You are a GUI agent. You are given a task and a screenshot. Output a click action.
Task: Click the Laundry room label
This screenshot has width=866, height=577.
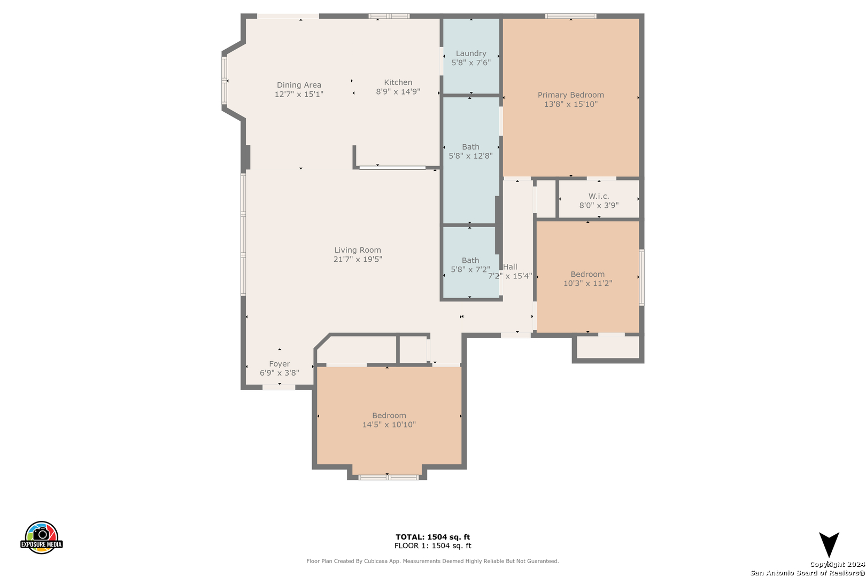coord(471,53)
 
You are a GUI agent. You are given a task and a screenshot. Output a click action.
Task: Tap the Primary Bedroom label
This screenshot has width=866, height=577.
coord(570,95)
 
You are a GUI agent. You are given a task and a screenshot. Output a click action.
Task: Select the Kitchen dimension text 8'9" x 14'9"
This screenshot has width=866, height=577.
coord(398,91)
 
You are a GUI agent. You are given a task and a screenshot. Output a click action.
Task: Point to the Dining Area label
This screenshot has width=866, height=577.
coord(299,85)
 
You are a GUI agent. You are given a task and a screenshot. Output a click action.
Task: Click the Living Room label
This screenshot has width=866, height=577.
coord(358,250)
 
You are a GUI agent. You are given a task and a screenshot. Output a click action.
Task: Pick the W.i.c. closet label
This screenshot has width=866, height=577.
coord(599,196)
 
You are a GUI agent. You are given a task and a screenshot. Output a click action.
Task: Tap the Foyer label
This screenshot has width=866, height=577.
coord(280,364)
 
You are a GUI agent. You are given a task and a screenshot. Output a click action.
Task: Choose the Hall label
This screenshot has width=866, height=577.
coord(510,267)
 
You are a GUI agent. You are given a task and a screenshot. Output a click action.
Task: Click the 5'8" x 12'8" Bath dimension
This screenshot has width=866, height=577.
coord(470,156)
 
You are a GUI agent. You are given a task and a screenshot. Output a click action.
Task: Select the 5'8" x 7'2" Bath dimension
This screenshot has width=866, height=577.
coord(470,269)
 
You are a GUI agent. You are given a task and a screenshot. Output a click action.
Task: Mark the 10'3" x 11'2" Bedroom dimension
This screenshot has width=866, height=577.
coord(587,283)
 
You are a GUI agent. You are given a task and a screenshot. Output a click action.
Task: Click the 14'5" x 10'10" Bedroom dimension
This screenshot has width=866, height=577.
coord(389,424)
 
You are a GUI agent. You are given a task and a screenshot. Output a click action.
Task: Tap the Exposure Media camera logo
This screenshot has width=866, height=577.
coord(41,537)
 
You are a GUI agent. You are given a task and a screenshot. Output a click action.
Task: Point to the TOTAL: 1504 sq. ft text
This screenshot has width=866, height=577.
coord(432,537)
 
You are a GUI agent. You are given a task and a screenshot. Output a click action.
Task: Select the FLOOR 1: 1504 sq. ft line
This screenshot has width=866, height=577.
coord(432,545)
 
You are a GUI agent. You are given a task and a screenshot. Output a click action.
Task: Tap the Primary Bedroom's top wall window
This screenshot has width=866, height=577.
coord(570,16)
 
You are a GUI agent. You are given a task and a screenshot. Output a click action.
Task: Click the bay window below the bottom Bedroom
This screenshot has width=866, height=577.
coord(388,478)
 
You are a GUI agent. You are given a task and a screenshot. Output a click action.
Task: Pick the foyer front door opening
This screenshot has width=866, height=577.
coord(279,387)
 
